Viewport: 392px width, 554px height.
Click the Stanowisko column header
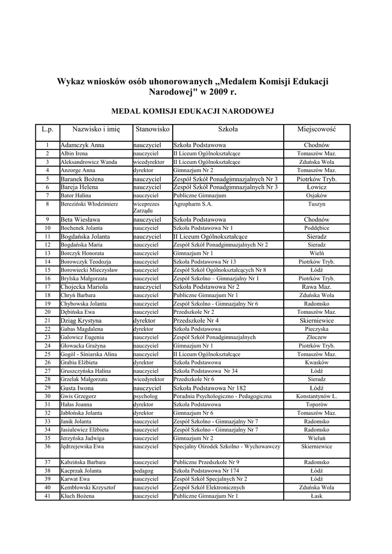[153, 130]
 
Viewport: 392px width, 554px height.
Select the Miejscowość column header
[317, 130]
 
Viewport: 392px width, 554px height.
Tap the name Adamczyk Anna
[82, 146]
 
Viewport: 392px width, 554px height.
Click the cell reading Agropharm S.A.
[193, 204]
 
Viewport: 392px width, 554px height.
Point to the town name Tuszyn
[317, 204]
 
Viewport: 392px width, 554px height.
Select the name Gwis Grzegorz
[79, 397]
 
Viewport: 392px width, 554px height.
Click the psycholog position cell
[145, 397]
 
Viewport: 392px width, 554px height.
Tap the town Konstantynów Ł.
[317, 397]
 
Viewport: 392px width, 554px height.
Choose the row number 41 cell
[48, 496]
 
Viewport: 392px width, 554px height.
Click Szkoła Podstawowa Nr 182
[210, 388]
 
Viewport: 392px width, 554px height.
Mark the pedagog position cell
[143, 471]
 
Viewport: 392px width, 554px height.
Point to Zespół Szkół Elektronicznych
[209, 487]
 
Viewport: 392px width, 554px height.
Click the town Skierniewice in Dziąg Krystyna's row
[317, 321]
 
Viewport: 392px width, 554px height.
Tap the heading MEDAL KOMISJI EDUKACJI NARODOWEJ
[192, 111]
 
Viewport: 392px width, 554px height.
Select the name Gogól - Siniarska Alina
[88, 354]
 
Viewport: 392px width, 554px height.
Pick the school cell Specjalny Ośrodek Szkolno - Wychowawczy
[226, 446]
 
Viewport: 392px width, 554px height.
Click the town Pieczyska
[317, 329]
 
